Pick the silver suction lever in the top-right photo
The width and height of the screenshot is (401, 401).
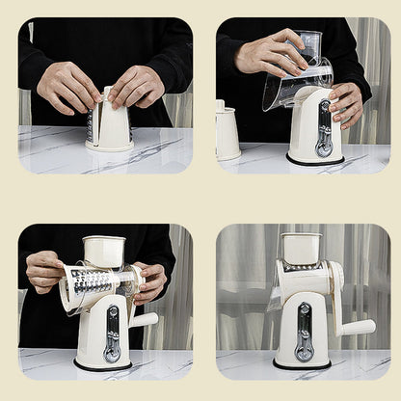click(x=325, y=128)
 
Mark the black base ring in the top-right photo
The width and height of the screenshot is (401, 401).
click(x=314, y=160)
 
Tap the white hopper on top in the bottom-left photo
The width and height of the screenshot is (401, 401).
click(x=103, y=251)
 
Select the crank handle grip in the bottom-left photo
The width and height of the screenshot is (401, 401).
click(x=145, y=319)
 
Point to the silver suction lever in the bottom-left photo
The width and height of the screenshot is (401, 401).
click(x=113, y=333)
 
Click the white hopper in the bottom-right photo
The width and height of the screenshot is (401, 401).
click(x=301, y=248)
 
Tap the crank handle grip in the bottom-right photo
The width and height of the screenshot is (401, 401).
click(x=357, y=328)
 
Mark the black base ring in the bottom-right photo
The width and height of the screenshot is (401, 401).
click(x=302, y=365)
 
